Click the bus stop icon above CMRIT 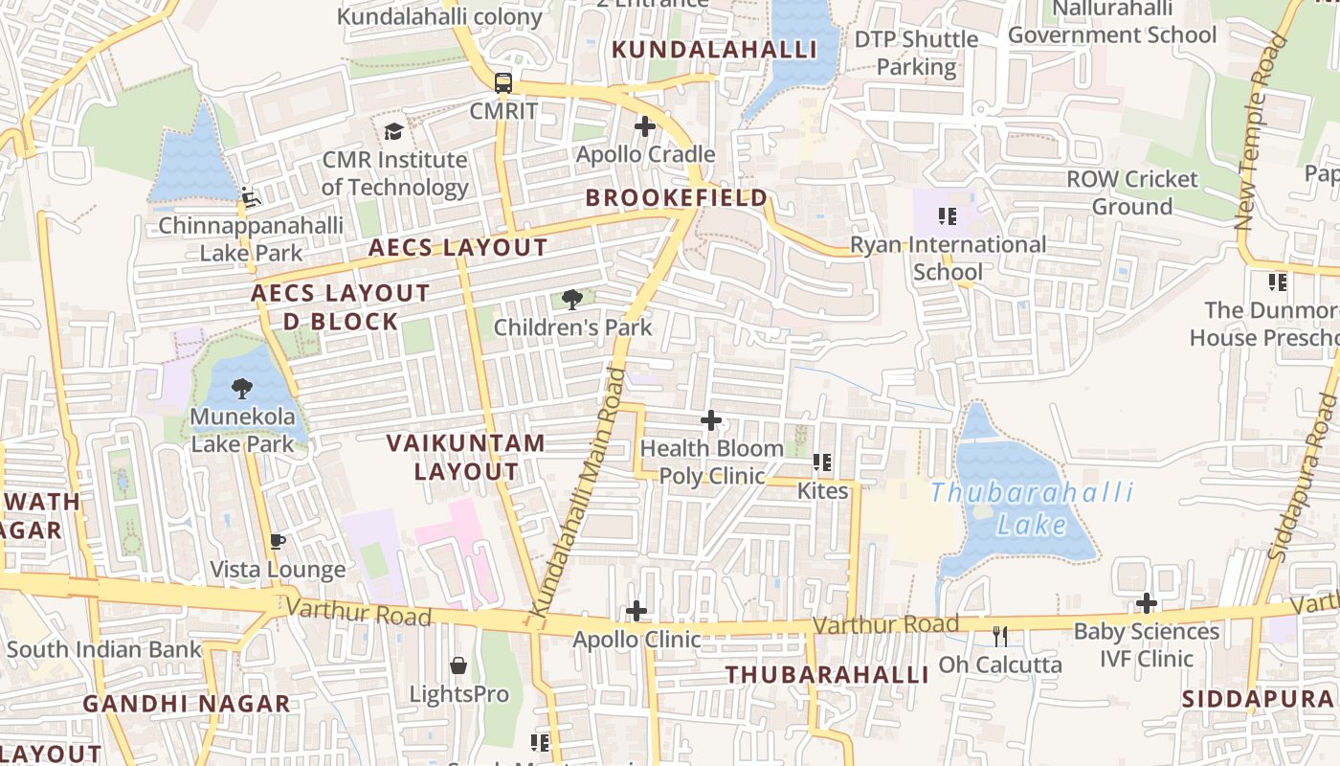[503, 83]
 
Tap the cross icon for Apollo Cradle [645, 125]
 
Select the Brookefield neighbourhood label [677, 198]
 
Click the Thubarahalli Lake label [1032, 508]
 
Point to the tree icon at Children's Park [572, 300]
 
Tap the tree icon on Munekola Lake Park [242, 389]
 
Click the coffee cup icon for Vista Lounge [278, 542]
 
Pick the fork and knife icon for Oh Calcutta [1000, 636]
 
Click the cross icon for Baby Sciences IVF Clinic [1147, 603]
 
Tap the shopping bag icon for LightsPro [458, 665]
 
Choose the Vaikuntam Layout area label [466, 457]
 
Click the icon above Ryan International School [948, 216]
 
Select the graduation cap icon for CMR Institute [393, 131]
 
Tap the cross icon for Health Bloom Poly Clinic [711, 419]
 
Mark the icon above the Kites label [822, 463]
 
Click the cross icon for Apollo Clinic [636, 611]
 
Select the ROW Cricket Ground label [1132, 192]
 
